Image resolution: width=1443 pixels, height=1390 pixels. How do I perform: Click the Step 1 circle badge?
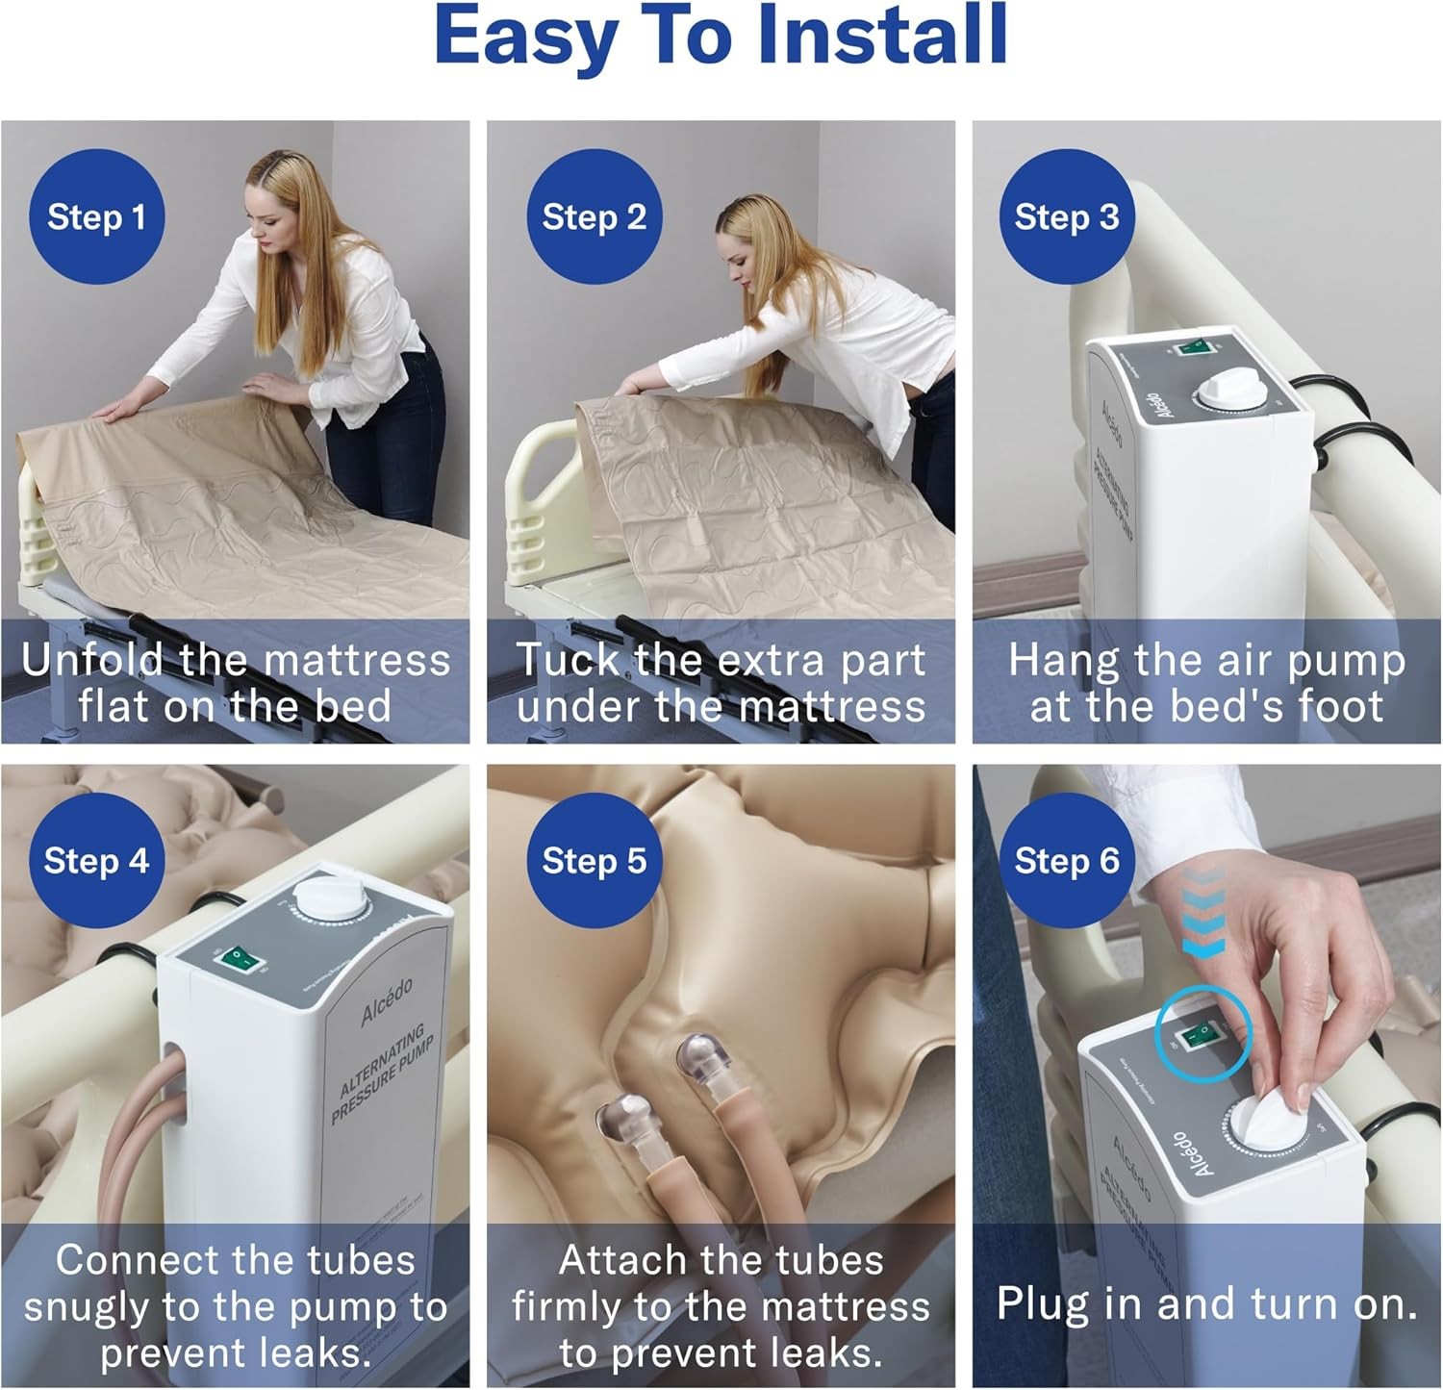point(96,217)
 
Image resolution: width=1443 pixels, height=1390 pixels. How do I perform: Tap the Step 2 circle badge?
point(594,217)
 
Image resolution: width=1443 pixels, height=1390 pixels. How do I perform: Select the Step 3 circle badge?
point(1066,217)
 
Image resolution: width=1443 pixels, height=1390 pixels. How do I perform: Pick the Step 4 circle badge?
point(96,860)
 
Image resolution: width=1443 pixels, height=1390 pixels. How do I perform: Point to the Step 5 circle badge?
point(594,860)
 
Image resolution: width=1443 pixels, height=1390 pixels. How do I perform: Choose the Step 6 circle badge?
point(1066,860)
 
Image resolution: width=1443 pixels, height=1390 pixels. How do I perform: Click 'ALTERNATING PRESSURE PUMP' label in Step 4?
point(382,1074)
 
